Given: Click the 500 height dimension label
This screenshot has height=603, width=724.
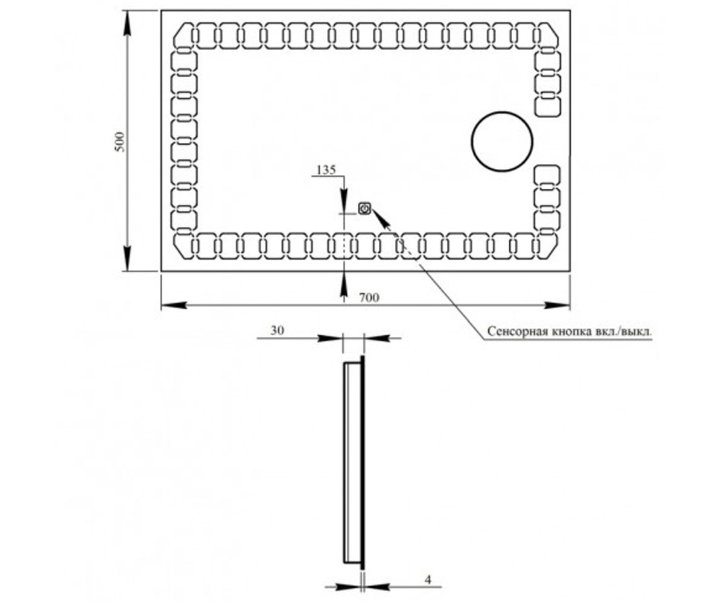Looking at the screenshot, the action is pos(119,141).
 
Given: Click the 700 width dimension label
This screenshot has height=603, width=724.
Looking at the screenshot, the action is pos(369,297).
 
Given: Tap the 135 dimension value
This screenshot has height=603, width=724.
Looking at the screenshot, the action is pos(326,170).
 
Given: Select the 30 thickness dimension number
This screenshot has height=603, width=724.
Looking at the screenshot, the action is pos(277,330).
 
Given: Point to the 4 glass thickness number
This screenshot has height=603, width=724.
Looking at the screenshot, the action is pos(428,579).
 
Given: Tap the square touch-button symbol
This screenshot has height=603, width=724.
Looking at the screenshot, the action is pos(364,209).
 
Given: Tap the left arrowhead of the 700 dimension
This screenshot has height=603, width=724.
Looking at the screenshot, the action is pos(174,305).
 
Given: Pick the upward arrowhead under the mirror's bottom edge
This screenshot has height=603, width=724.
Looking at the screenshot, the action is pos(344,284).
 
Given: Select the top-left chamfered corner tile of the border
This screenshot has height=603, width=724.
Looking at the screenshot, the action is pos(183,35).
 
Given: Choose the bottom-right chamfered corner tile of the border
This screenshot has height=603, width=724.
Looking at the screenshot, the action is pos(548,247).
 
